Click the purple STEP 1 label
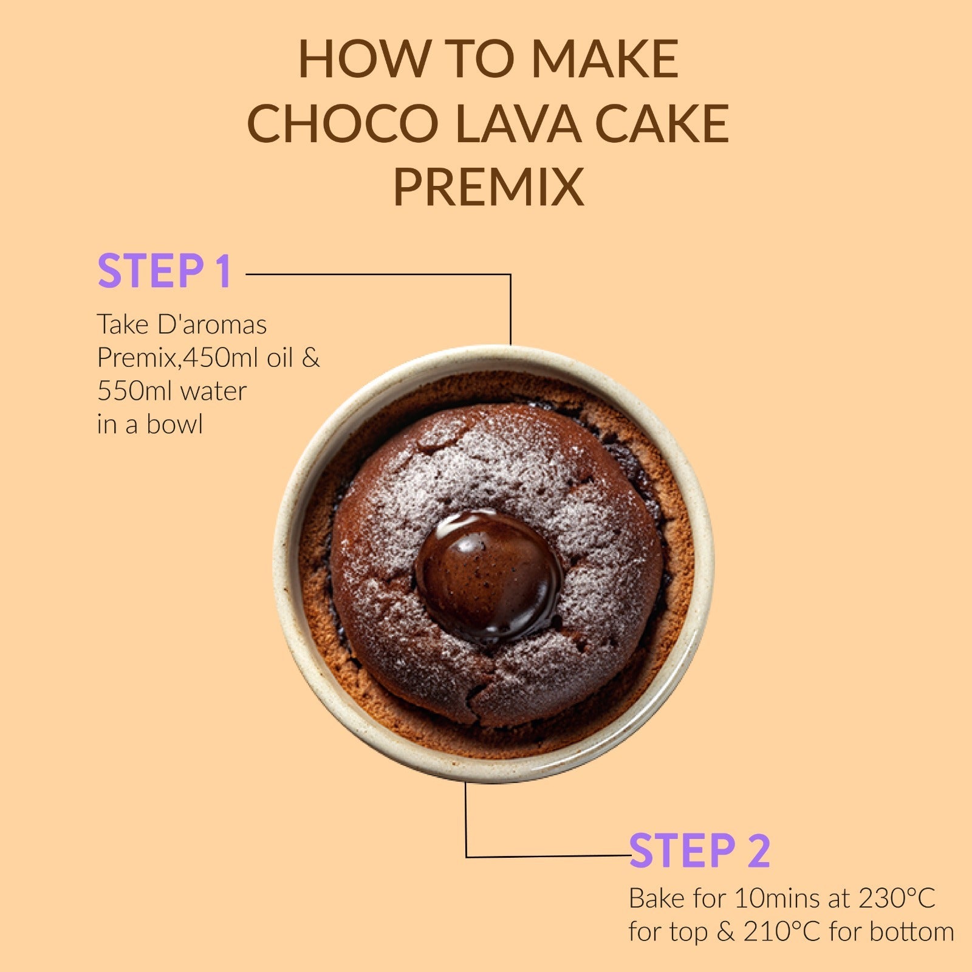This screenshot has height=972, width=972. click(x=165, y=271)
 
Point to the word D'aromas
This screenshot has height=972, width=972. click(x=212, y=324)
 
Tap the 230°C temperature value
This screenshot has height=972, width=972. click(x=897, y=898)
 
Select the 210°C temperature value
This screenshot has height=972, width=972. click(x=782, y=931)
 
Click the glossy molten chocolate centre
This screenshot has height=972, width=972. click(x=489, y=575)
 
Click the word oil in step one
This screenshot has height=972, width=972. click(x=281, y=358)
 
